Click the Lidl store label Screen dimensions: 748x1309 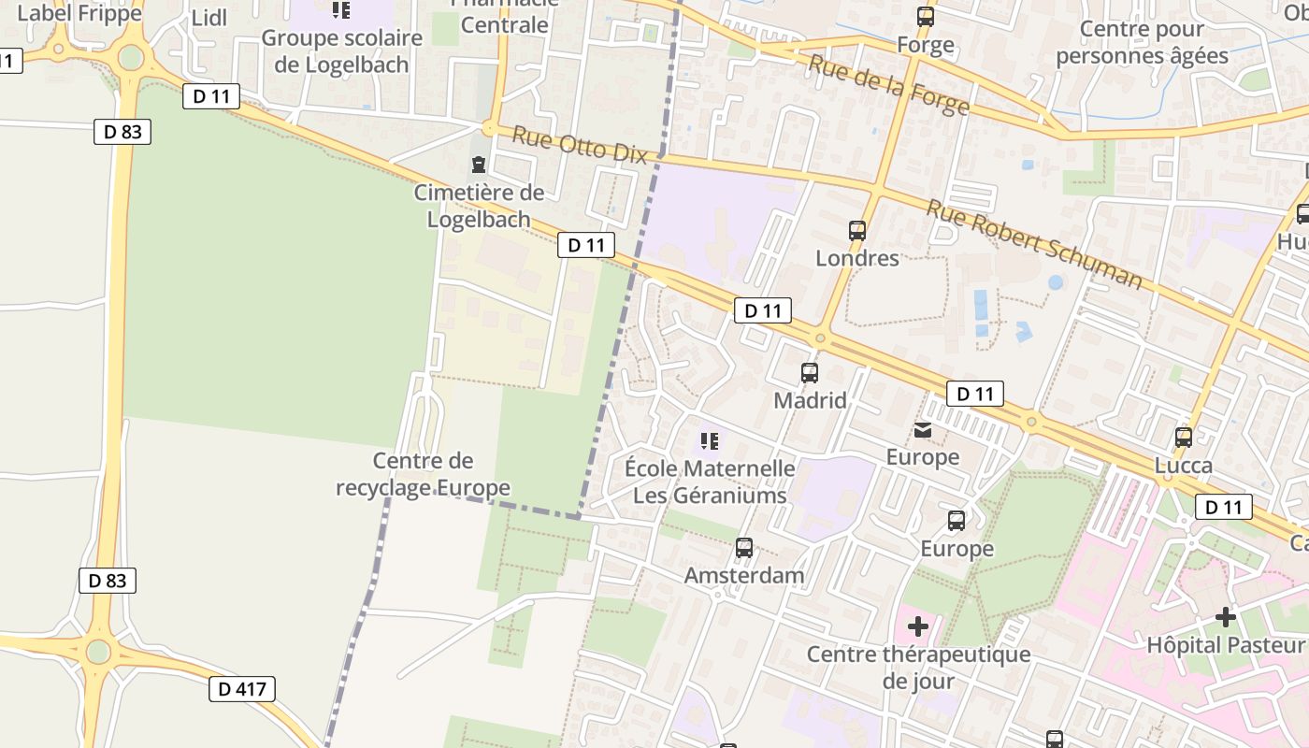pyautogui.click(x=209, y=19)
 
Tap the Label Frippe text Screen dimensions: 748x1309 pyautogui.click(x=79, y=13)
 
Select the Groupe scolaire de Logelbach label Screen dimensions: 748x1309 pyautogui.click(x=341, y=51)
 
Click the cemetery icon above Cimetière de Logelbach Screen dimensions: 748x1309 pyautogui.click(x=479, y=165)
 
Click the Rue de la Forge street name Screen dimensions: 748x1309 pyautogui.click(x=888, y=85)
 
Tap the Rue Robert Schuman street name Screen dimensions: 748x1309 pyautogui.click(x=1034, y=243)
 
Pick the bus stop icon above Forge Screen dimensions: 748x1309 pyautogui.click(x=926, y=16)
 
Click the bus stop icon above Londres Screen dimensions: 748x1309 pyautogui.click(x=857, y=230)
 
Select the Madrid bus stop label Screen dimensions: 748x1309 pyautogui.click(x=810, y=400)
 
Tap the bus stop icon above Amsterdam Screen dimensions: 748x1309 pyautogui.click(x=744, y=548)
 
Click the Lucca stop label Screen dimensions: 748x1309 pyautogui.click(x=1184, y=466)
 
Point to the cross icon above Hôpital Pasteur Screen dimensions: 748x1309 pyautogui.click(x=1225, y=617)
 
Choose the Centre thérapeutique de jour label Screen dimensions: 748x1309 pyautogui.click(x=918, y=667)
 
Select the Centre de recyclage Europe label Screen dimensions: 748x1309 pyautogui.click(x=423, y=474)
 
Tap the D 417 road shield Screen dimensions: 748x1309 pyautogui.click(x=242, y=690)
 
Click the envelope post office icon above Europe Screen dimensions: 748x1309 pyautogui.click(x=923, y=430)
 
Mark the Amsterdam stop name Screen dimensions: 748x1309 pyautogui.click(x=744, y=575)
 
